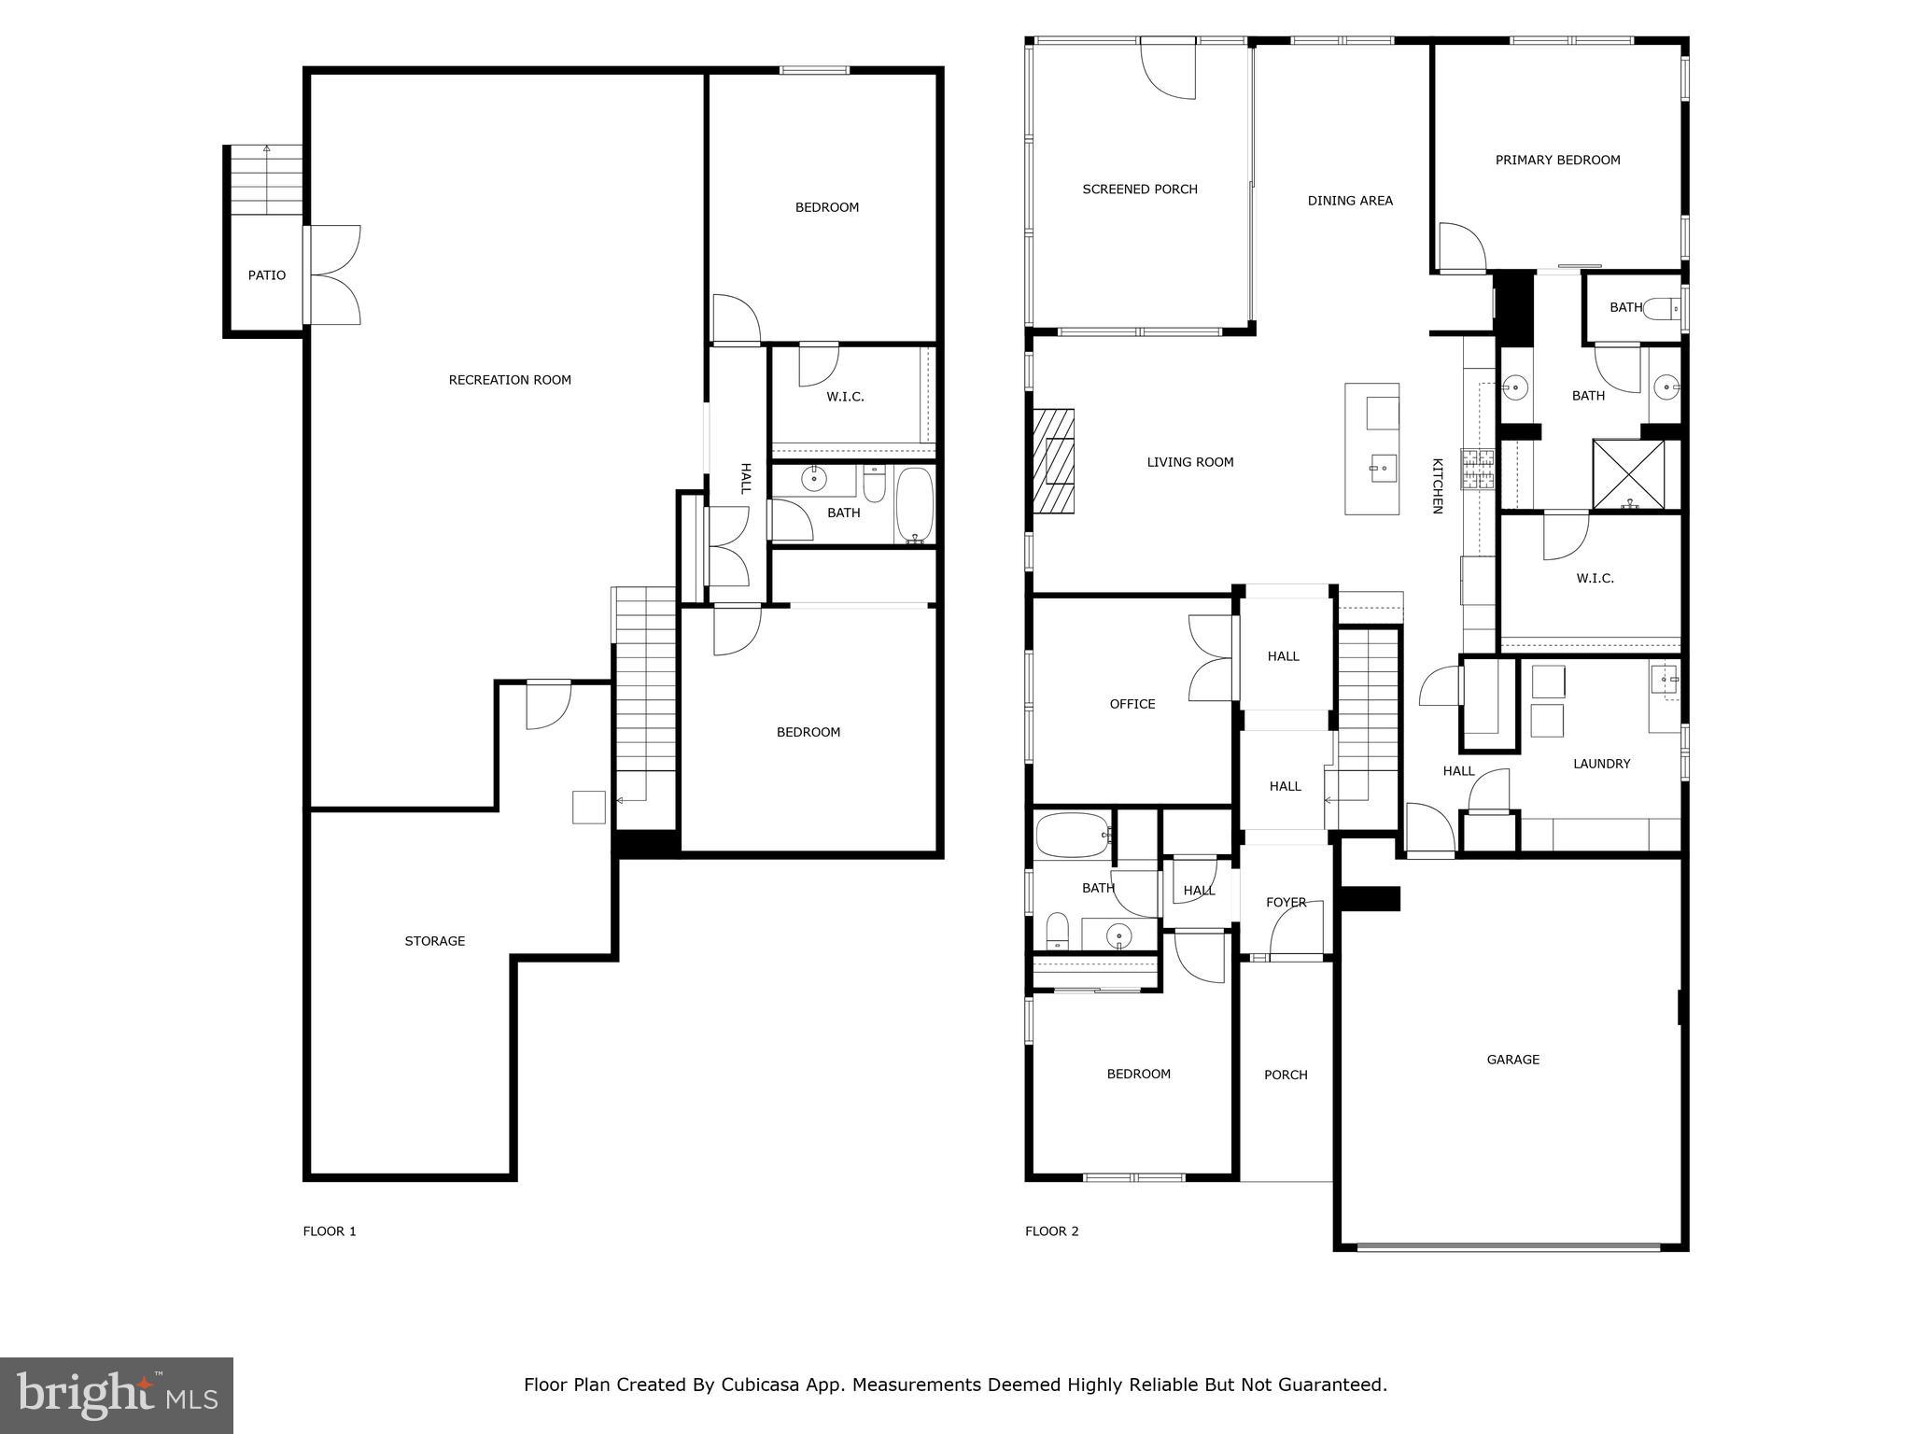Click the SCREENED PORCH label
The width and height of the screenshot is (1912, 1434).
pyautogui.click(x=1139, y=190)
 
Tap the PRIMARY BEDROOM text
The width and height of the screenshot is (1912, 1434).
pyautogui.click(x=1557, y=161)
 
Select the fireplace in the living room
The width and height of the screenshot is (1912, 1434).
pyautogui.click(x=1053, y=461)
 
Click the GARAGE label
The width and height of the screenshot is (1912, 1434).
pyautogui.click(x=1512, y=1060)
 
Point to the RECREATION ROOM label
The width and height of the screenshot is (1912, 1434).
pyautogui.click(x=510, y=380)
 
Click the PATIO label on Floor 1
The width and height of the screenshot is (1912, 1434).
pyautogui.click(x=266, y=275)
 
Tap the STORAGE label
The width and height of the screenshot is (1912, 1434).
pyautogui.click(x=434, y=941)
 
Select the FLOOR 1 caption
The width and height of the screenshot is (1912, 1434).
pyautogui.click(x=330, y=1231)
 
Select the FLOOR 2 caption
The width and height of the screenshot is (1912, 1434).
pyautogui.click(x=1051, y=1231)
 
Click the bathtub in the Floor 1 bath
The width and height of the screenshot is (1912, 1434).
pyautogui.click(x=914, y=505)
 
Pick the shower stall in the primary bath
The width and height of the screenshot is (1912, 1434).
pyautogui.click(x=1628, y=474)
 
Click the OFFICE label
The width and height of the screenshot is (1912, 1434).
pyautogui.click(x=1132, y=704)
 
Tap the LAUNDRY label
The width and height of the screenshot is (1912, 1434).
pyautogui.click(x=1601, y=764)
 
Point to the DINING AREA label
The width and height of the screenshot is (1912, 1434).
pyautogui.click(x=1350, y=201)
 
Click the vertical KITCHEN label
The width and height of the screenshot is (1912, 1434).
pyautogui.click(x=1438, y=485)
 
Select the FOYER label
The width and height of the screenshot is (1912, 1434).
pyautogui.click(x=1286, y=903)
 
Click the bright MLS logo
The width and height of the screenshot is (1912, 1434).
pyautogui.click(x=117, y=1396)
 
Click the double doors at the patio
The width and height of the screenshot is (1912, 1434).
pyautogui.click(x=334, y=275)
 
